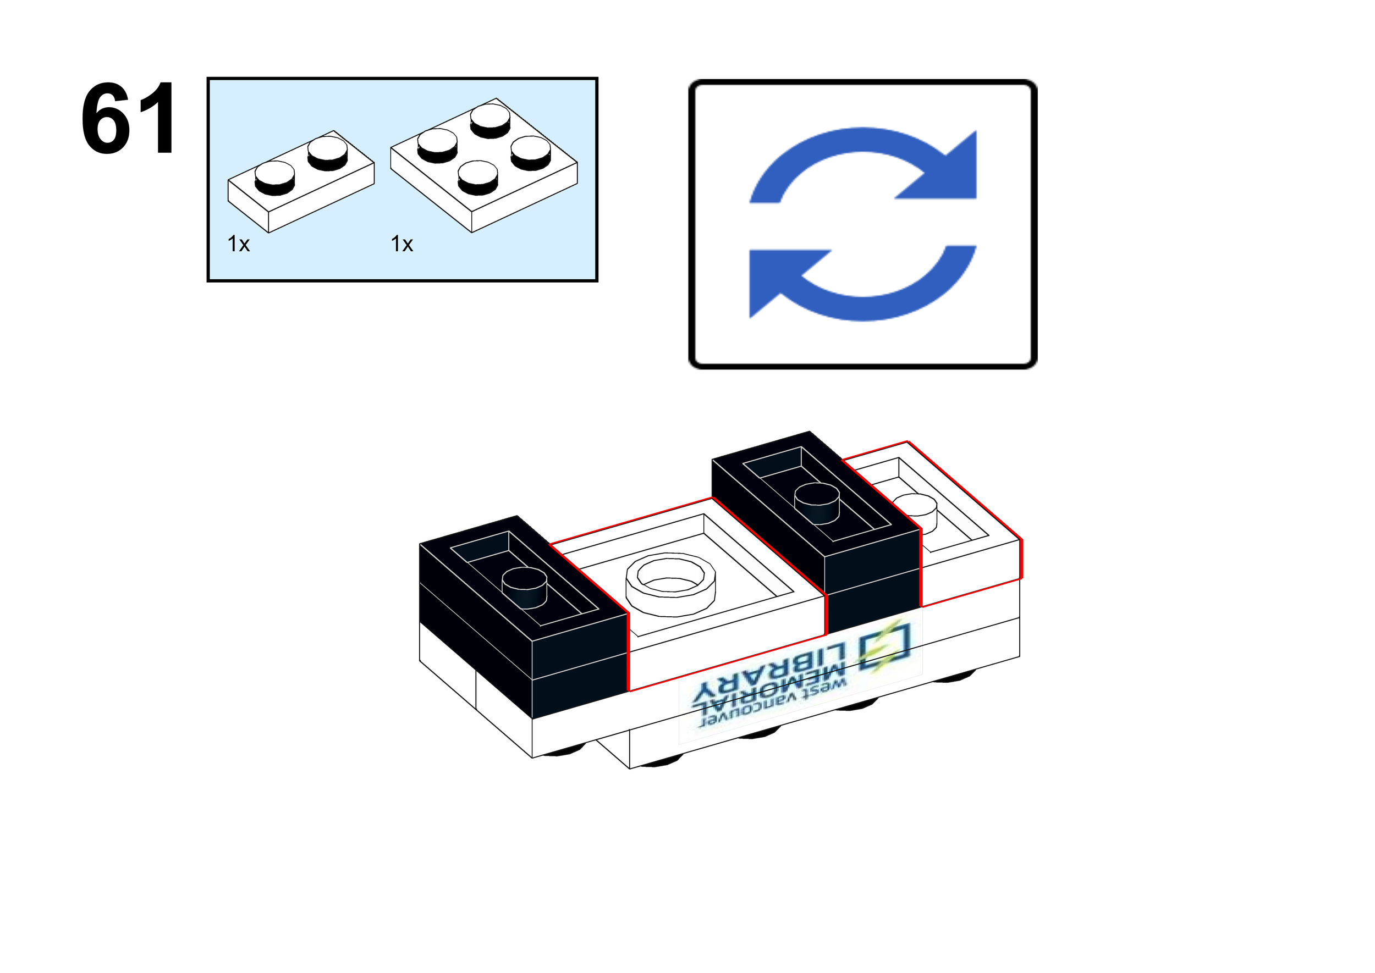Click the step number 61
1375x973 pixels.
click(129, 118)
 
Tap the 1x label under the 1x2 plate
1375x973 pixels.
click(239, 245)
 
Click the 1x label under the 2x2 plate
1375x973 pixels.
click(402, 245)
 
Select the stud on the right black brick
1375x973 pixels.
click(816, 502)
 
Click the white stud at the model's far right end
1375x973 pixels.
click(915, 509)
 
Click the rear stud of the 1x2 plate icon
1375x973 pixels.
click(327, 152)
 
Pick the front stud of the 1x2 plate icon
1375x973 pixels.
click(274, 177)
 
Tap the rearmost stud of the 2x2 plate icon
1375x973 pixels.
click(490, 119)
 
